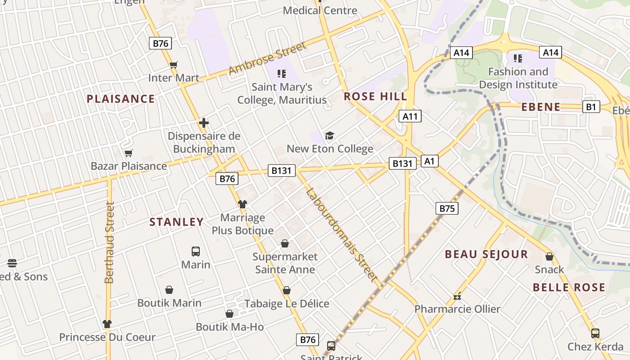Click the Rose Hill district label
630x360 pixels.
[x=375, y=96]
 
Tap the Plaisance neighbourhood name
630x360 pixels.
[x=121, y=99]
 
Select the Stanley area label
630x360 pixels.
[x=176, y=222]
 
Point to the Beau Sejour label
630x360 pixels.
[x=486, y=254]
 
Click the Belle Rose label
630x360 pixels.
[x=569, y=287]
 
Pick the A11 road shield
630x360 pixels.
[x=410, y=117]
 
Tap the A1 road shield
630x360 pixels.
[x=429, y=161]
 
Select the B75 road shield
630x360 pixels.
[x=446, y=208]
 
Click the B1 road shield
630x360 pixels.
[x=591, y=107]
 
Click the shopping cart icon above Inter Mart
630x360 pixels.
[x=174, y=65]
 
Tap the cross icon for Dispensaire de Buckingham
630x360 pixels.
[x=204, y=123]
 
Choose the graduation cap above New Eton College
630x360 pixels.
[x=330, y=135]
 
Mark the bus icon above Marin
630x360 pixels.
[x=196, y=251]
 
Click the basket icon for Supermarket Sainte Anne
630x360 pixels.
[x=285, y=243]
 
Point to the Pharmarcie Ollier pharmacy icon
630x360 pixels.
[x=457, y=297]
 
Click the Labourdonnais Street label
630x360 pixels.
[x=342, y=235]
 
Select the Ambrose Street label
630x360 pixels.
[x=267, y=58]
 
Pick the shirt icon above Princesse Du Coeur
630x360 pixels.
[x=107, y=324]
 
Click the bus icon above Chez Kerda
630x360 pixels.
[x=595, y=333]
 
